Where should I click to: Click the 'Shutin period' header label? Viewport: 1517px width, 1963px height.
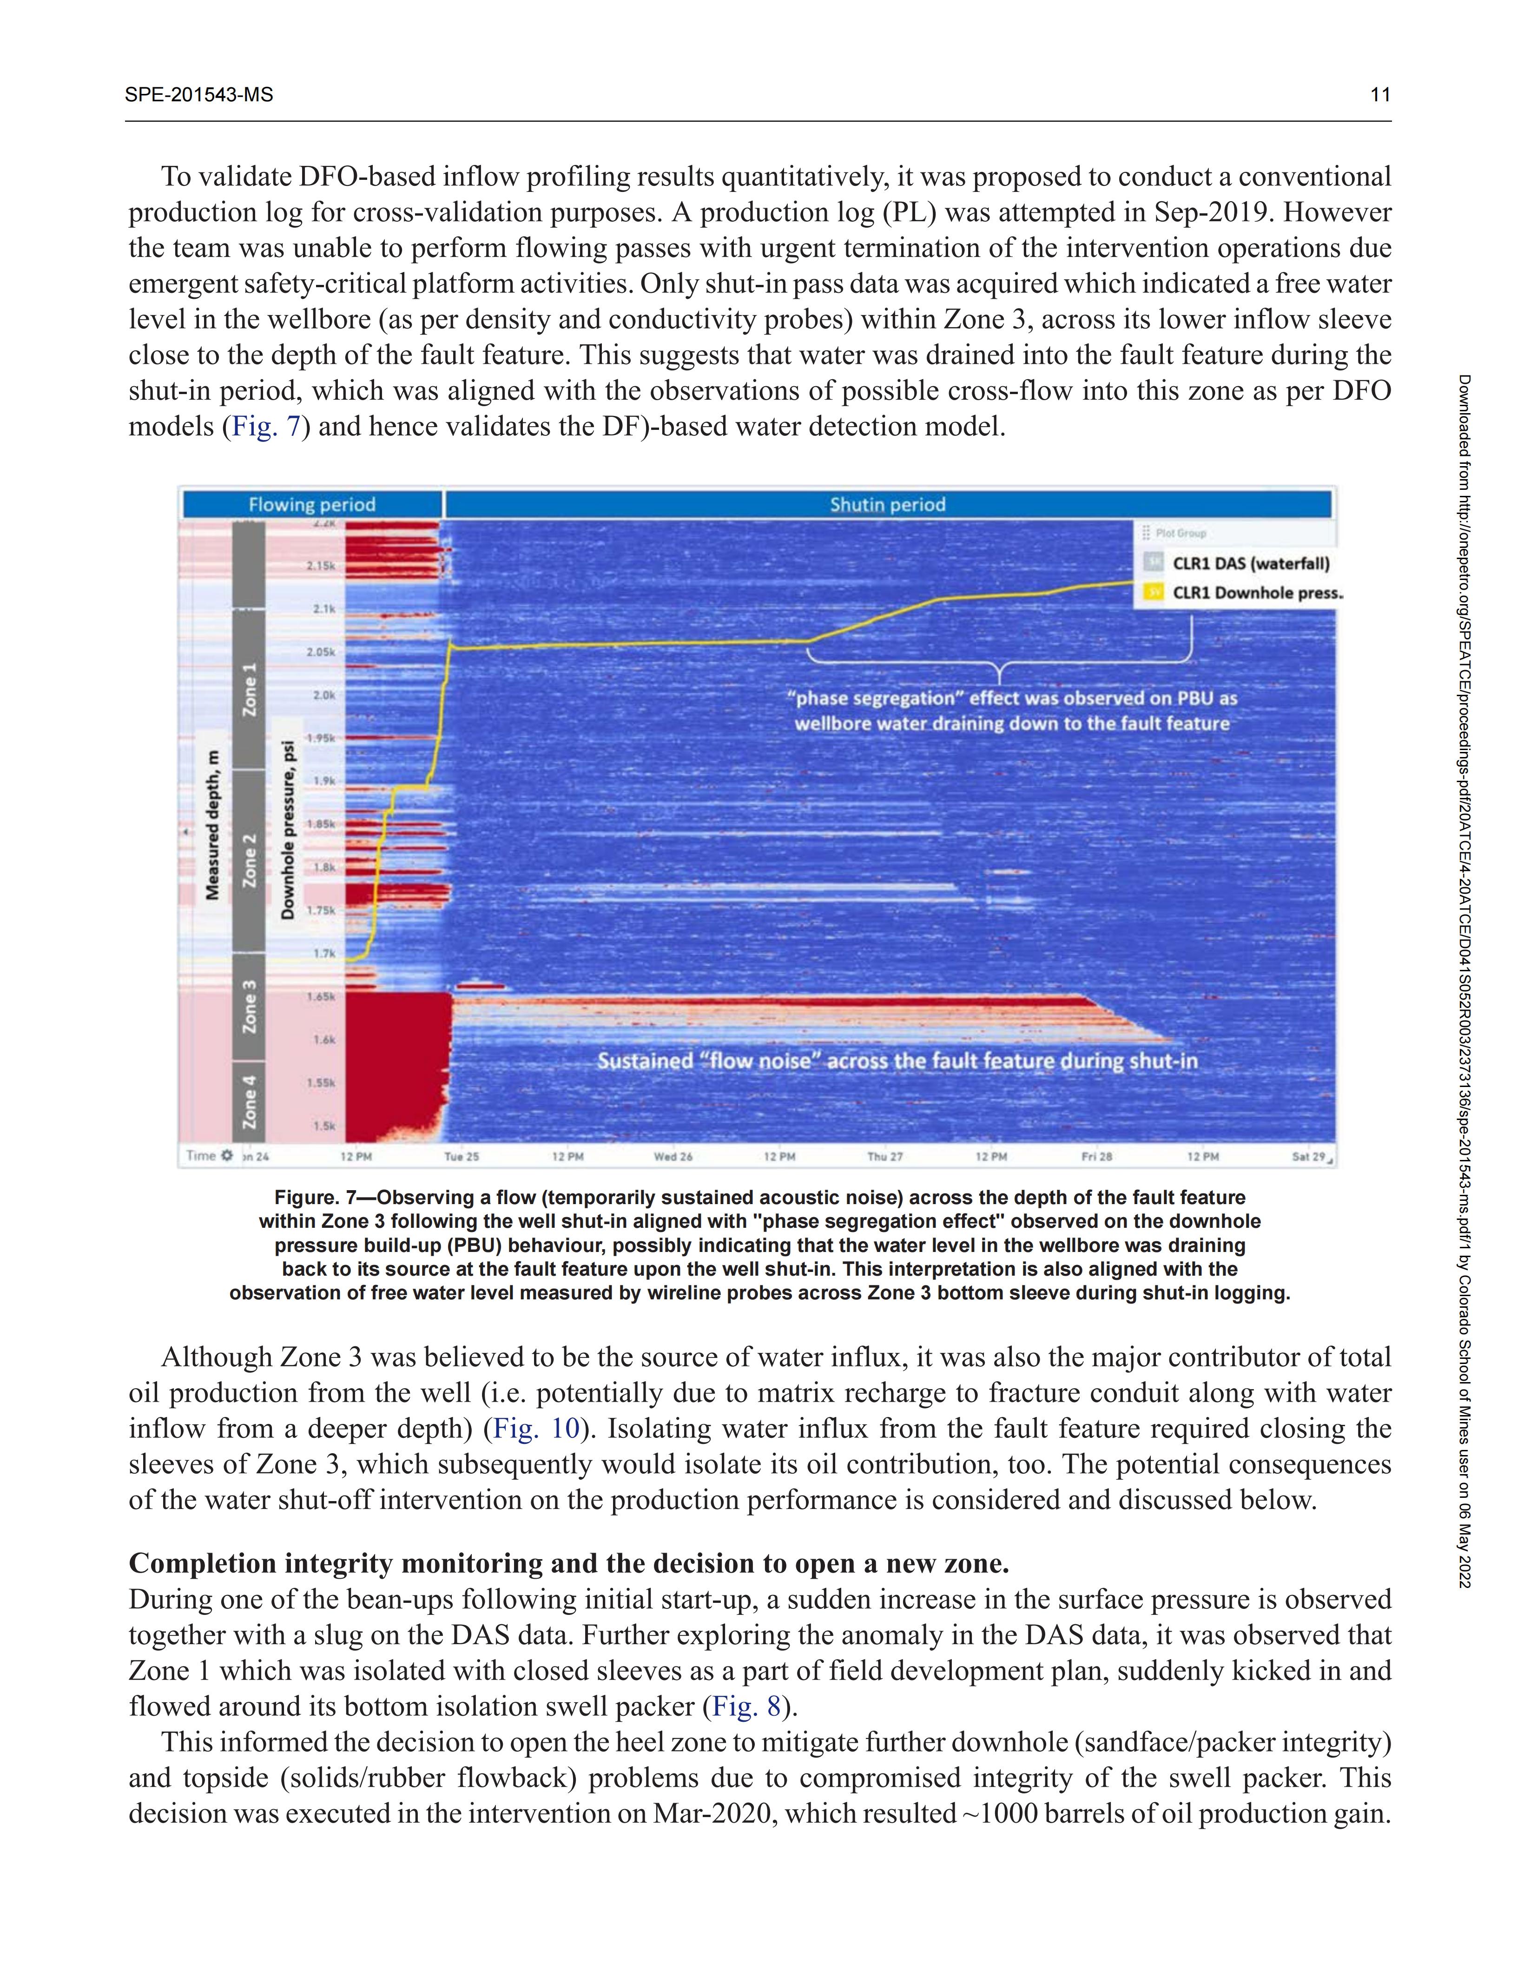pyautogui.click(x=887, y=504)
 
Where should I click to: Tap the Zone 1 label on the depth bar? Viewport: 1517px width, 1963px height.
pyautogui.click(x=249, y=689)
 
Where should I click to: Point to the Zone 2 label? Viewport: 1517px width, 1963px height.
pyautogui.click(x=249, y=860)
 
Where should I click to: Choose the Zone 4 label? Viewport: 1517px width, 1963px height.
pyautogui.click(x=249, y=1102)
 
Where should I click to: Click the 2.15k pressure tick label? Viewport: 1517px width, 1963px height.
pyautogui.click(x=321, y=566)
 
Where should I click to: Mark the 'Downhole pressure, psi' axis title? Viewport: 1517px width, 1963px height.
pyautogui.click(x=288, y=829)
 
